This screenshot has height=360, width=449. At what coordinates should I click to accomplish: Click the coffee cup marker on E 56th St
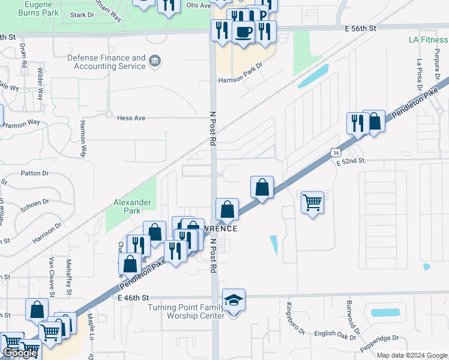point(243,32)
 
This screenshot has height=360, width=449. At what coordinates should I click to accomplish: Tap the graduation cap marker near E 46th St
point(234,299)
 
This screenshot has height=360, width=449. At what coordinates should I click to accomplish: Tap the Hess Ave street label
point(131,118)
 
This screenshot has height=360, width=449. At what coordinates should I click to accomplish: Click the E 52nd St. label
point(351,161)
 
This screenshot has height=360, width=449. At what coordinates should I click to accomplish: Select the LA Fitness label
point(428,40)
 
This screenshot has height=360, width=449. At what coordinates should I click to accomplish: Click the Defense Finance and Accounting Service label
point(106,62)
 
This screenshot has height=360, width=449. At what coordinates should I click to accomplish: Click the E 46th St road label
point(133,298)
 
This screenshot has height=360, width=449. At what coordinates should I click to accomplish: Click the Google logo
point(20,353)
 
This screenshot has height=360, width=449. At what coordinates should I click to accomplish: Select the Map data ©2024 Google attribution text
point(412,355)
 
